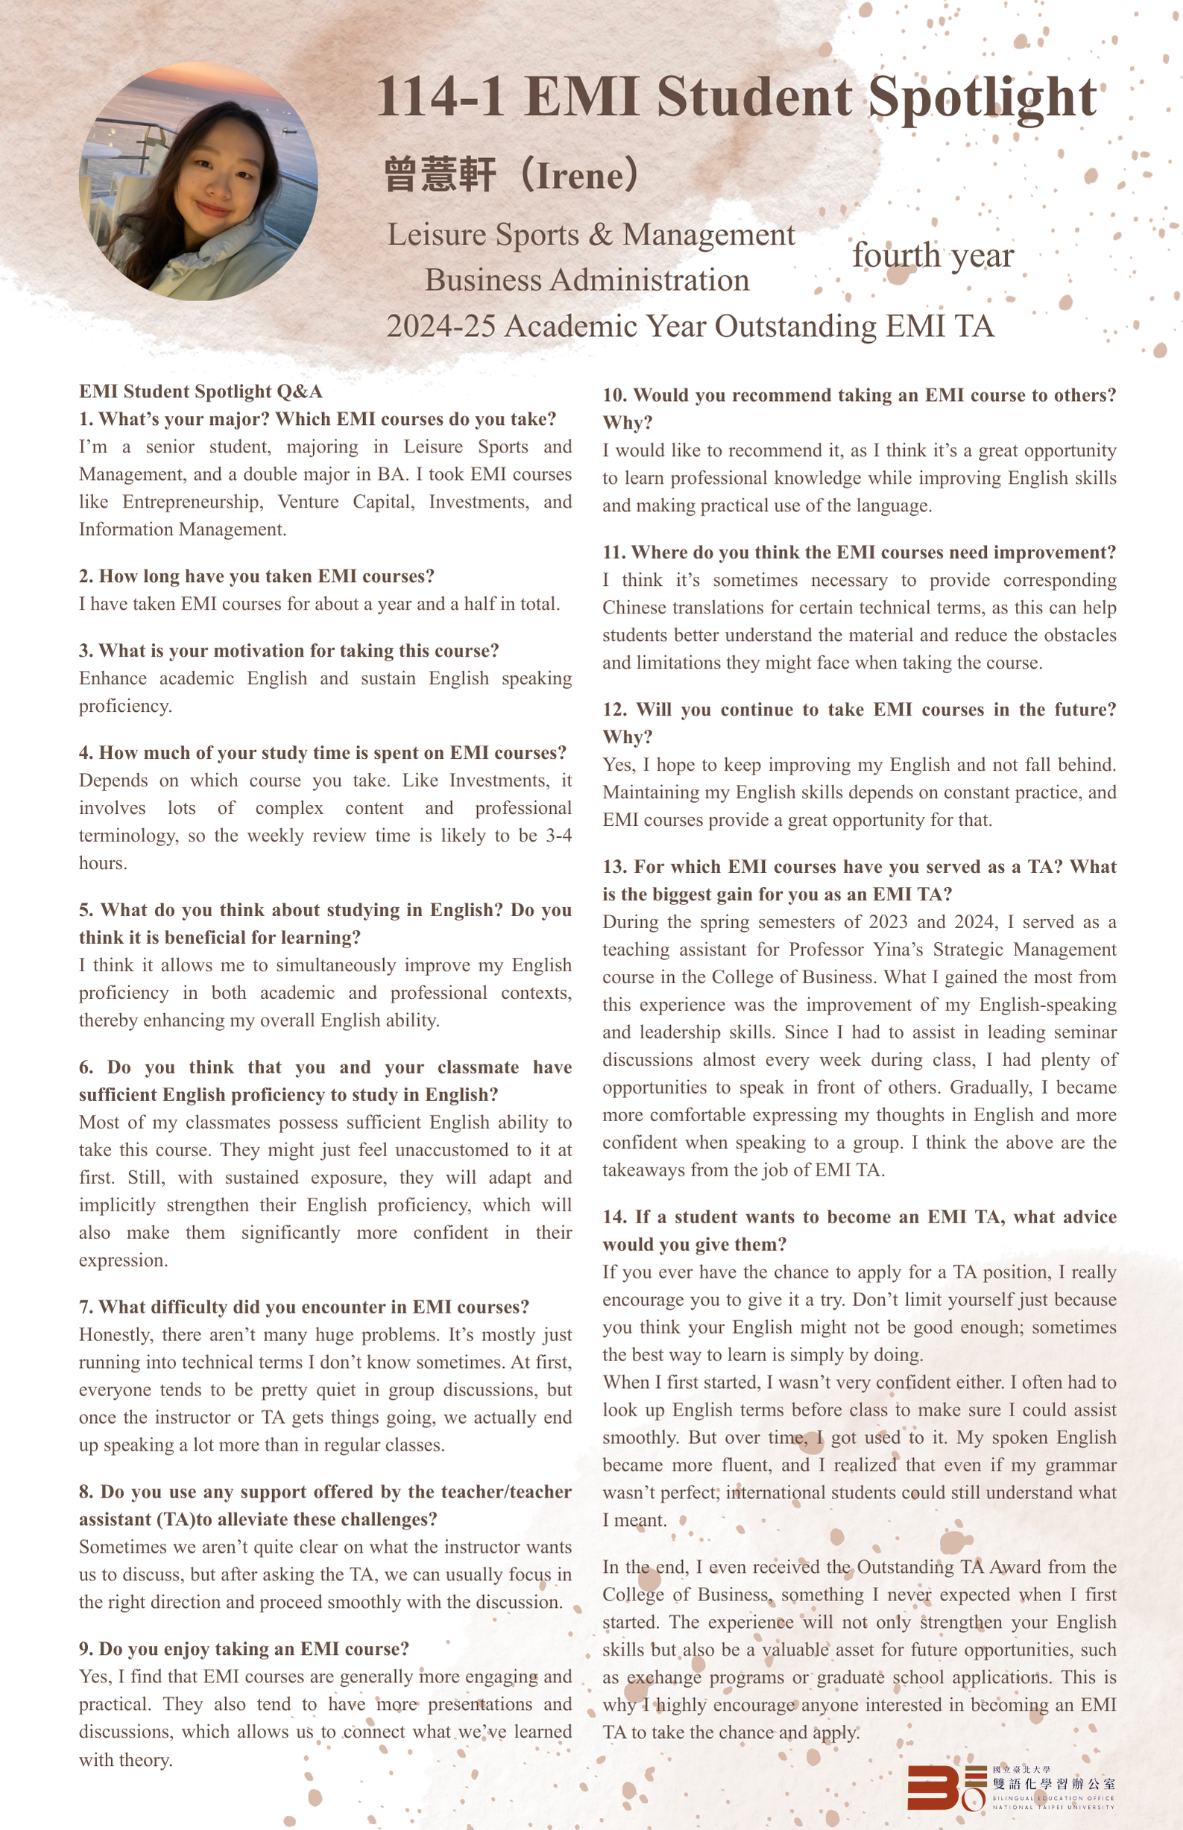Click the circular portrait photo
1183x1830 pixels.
[199, 181]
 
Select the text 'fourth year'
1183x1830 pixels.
[933, 256]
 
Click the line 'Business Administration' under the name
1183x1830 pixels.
[587, 280]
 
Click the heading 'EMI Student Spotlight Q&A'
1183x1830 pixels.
[201, 391]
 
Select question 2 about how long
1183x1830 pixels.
[256, 576]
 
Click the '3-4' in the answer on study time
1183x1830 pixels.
[558, 836]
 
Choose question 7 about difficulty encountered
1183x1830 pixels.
[304, 1307]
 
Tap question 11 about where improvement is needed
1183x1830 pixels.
[859, 552]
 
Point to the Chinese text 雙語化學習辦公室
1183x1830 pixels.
[1053, 1784]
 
